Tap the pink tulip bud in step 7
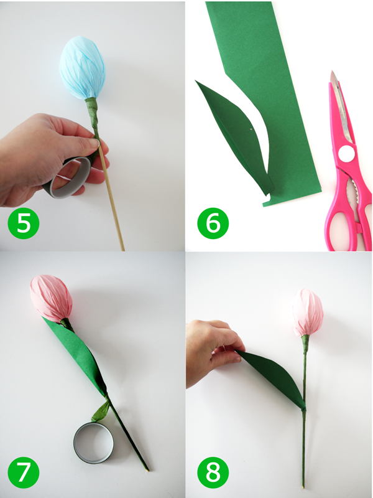coord(52,298)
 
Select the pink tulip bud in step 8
coord(309,312)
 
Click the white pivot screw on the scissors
coord(345,153)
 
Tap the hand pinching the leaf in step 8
coord(208,349)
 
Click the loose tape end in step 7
coord(100,411)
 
